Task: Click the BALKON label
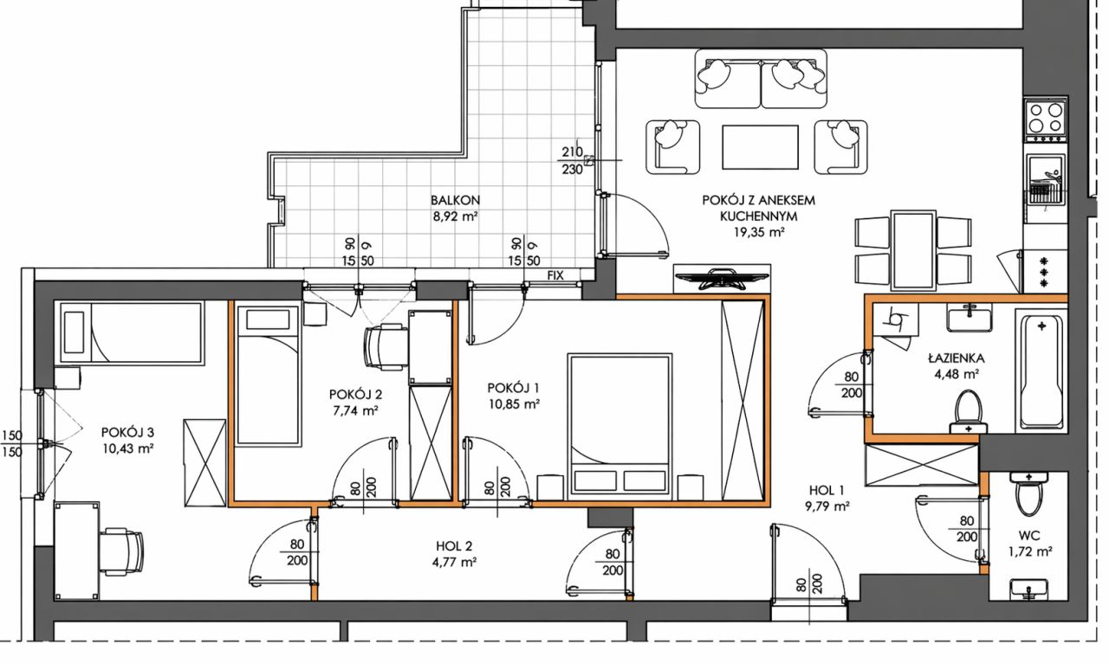pyautogui.click(x=455, y=200)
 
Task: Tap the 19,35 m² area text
pyautogui.click(x=758, y=233)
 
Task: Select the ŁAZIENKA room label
pyautogui.click(x=956, y=358)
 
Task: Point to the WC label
pyautogui.click(x=1029, y=535)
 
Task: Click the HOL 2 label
pyautogui.click(x=454, y=546)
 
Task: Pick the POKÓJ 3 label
pyautogui.click(x=127, y=433)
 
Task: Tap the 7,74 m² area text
pyautogui.click(x=356, y=410)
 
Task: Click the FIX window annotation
pyautogui.click(x=555, y=275)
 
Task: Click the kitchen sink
pyautogui.click(x=1046, y=179)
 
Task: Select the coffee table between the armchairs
pyautogui.click(x=760, y=147)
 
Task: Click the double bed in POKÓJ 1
pyautogui.click(x=619, y=423)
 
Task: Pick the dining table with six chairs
pyautogui.click(x=913, y=251)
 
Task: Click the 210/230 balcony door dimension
pyautogui.click(x=573, y=160)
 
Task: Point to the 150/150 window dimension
pyautogui.click(x=12, y=443)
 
